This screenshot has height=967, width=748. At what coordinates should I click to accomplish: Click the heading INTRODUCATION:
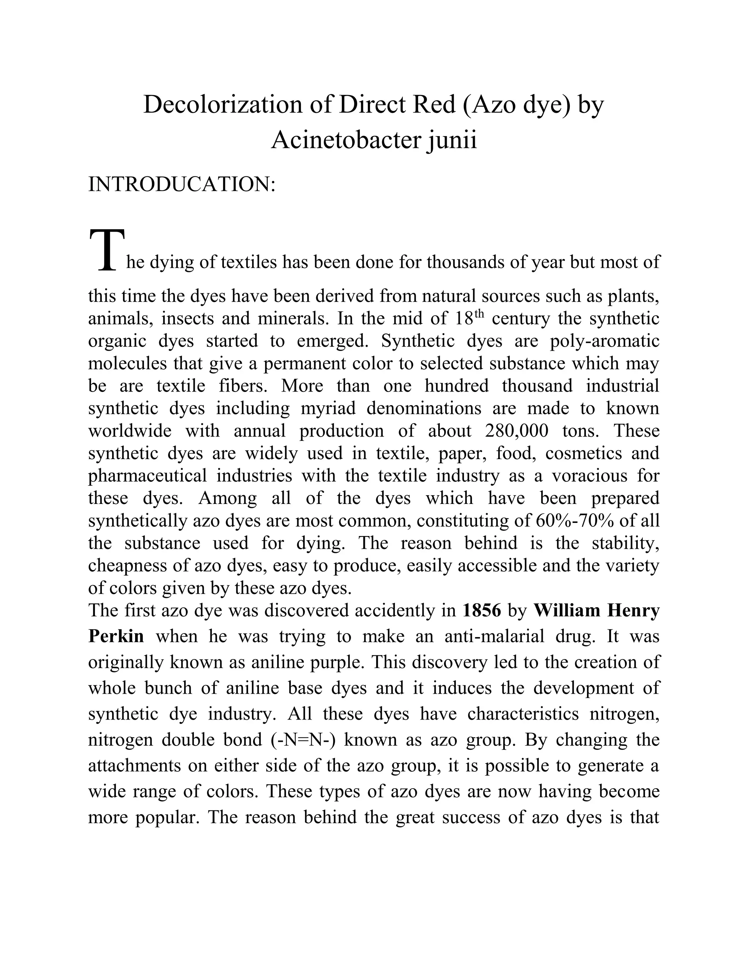182,184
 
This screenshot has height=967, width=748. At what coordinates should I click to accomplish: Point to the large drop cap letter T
106,250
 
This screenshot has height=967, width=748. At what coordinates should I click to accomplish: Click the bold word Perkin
116,636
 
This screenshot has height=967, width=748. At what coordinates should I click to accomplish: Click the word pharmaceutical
147,475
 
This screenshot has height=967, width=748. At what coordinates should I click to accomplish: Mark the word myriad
328,408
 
